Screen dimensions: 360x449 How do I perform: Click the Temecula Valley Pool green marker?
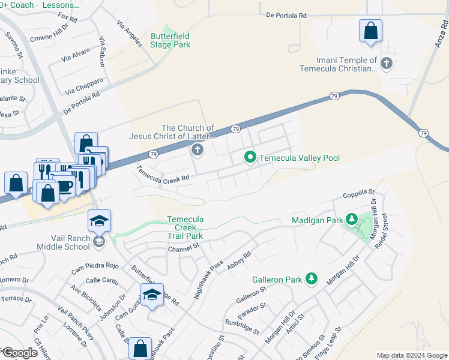tap(250, 158)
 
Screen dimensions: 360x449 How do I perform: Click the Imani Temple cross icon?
tap(387, 62)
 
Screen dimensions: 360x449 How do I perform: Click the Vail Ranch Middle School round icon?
tap(99, 242)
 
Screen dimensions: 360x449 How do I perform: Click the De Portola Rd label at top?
tap(286, 15)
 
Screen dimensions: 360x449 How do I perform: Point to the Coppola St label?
tap(359, 194)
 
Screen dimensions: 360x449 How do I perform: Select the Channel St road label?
tap(183, 249)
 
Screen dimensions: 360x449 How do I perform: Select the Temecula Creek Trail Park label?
tap(185, 228)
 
